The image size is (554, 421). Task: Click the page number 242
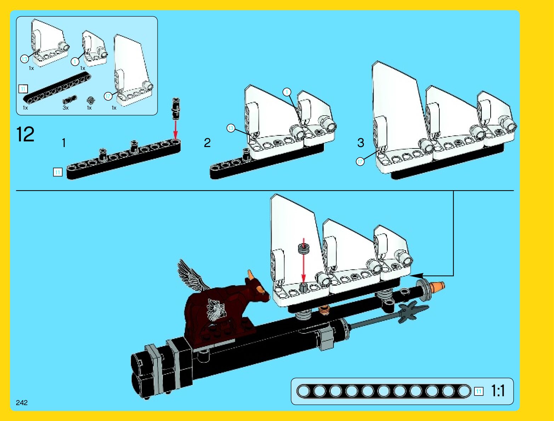pos(22,403)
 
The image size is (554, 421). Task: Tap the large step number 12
pos(25,135)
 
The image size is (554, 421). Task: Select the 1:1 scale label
pos(498,391)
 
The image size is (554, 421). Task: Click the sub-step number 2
pos(207,143)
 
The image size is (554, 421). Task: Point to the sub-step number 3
pos(360,143)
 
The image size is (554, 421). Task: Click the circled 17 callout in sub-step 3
pos(360,162)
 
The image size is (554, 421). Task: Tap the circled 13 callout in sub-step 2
pos(231,128)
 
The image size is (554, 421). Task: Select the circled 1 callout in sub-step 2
pos(287,92)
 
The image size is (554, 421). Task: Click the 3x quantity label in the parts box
pos(65,108)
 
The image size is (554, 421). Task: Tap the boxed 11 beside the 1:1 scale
pos(479,391)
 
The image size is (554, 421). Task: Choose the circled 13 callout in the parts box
pos(24,59)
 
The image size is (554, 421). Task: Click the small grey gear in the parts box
pos(90,100)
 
